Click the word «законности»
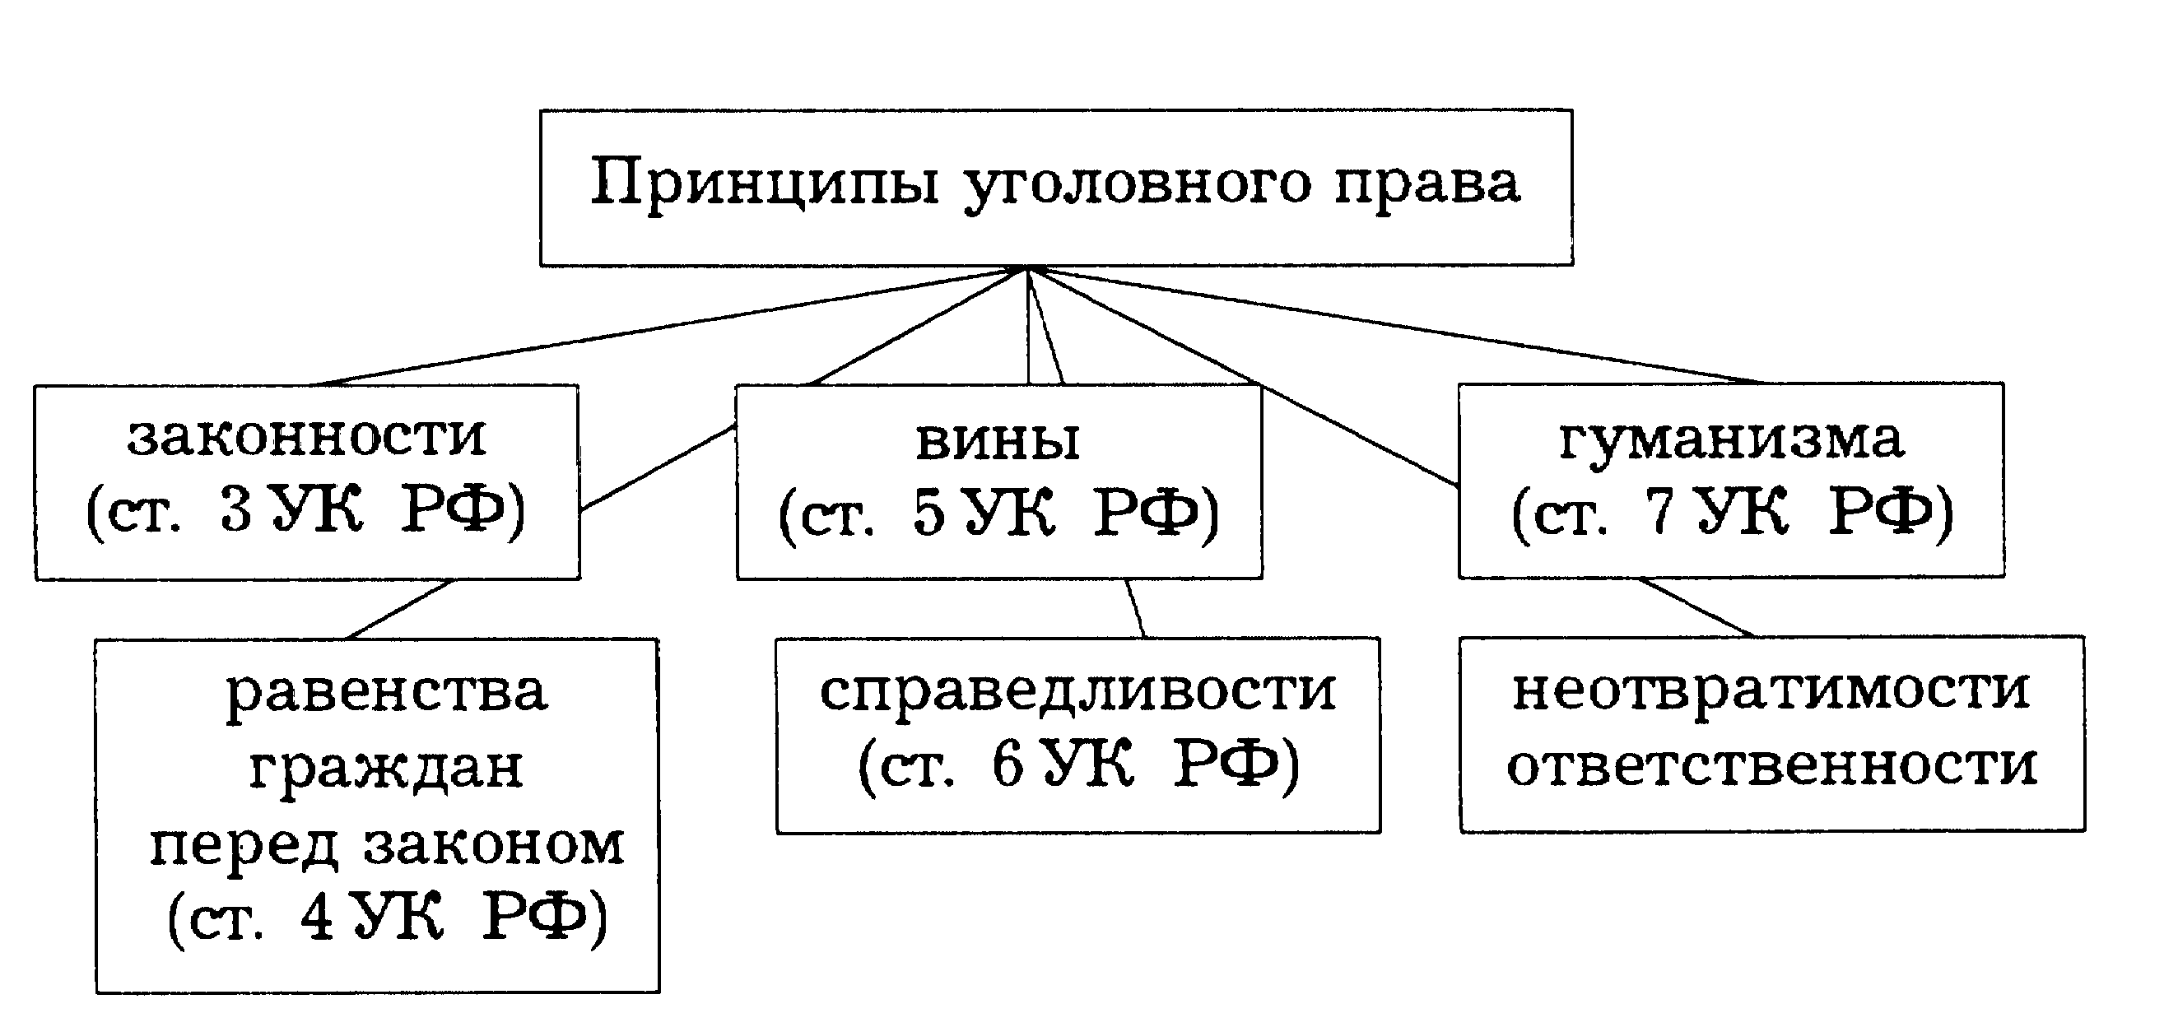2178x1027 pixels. pyautogui.click(x=307, y=437)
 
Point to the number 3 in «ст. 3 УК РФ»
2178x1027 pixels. pyautogui.click(x=236, y=510)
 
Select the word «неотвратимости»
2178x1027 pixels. pyautogui.click(x=1771, y=692)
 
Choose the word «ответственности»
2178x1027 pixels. pyautogui.click(x=1772, y=766)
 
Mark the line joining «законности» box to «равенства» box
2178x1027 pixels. pyautogui.click(x=400, y=610)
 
